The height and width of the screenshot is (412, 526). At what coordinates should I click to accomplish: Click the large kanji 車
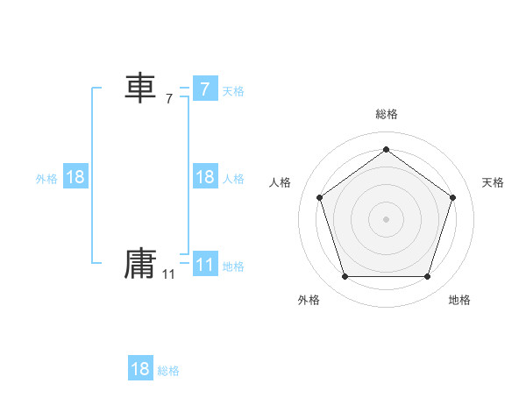tap(140, 89)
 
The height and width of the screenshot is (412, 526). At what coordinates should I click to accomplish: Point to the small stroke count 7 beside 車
tap(169, 99)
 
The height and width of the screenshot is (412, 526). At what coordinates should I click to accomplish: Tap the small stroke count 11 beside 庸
tap(168, 274)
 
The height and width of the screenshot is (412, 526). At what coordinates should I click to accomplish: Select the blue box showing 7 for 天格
tap(204, 89)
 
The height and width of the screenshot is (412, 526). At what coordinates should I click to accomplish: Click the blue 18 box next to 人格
tap(204, 177)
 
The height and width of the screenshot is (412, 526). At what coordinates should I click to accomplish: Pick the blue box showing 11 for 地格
tap(204, 265)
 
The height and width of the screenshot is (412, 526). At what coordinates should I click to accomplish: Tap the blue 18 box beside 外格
tap(75, 177)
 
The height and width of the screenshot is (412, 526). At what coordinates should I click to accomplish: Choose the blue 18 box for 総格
tap(140, 368)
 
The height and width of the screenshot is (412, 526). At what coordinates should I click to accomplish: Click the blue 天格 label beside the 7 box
tap(233, 91)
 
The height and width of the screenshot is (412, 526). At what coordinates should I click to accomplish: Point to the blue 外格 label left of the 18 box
tap(46, 179)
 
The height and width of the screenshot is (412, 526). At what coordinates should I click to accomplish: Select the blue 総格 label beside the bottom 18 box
tap(168, 371)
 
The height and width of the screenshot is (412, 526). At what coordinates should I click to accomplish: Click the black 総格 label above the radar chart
tap(386, 114)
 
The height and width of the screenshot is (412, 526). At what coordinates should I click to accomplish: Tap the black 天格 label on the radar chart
tap(494, 182)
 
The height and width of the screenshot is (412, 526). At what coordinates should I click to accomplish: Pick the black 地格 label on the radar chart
tap(459, 300)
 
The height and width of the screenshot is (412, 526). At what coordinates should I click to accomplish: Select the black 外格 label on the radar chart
tap(309, 300)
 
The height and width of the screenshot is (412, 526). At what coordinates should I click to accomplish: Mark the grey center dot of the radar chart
tap(386, 218)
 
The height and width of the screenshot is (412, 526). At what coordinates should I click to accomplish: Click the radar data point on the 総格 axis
tap(386, 149)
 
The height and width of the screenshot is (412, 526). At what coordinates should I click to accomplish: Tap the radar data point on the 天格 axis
tap(452, 197)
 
